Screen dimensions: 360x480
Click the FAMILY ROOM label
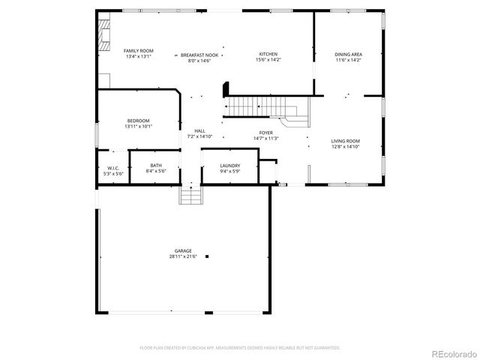click(138, 50)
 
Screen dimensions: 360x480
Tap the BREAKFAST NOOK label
click(199, 55)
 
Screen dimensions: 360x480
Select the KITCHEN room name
click(268, 54)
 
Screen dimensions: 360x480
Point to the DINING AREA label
click(348, 54)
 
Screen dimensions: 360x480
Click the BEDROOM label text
click(138, 121)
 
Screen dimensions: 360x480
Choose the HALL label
click(199, 130)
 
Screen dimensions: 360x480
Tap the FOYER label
click(266, 132)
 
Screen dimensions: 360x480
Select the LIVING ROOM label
click(346, 141)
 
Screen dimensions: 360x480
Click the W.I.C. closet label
click(113, 168)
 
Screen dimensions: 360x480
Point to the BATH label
click(155, 165)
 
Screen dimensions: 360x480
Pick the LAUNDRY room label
click(229, 165)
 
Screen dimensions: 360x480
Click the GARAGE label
click(183, 251)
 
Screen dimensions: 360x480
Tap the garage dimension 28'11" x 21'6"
click(183, 257)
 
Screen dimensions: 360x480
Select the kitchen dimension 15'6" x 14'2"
click(268, 60)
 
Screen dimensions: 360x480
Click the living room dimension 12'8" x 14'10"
click(346, 147)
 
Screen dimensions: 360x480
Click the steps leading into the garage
click(191, 195)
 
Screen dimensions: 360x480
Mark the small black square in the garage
click(208, 256)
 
